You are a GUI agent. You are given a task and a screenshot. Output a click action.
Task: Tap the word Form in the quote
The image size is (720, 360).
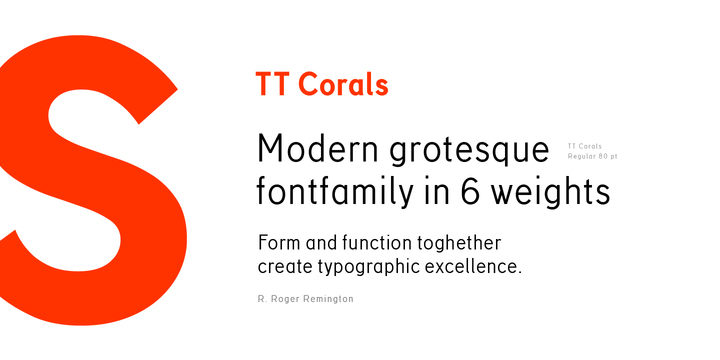click(277, 243)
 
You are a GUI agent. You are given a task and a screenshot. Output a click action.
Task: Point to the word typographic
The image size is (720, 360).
click(379, 269)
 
